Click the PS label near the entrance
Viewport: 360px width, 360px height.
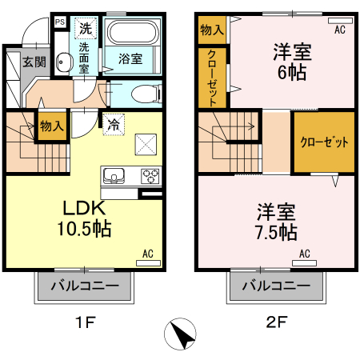pyautogui.click(x=59, y=22)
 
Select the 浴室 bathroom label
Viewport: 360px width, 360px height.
pyautogui.click(x=130, y=58)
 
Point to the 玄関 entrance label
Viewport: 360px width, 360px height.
pyautogui.click(x=34, y=62)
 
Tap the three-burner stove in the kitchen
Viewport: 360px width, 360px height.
pyautogui.click(x=150, y=176)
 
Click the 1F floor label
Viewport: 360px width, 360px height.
pyautogui.click(x=86, y=323)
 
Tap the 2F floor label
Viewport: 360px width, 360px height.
pyautogui.click(x=276, y=323)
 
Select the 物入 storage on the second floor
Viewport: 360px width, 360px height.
pyautogui.click(x=212, y=30)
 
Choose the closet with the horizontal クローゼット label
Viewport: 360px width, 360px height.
pyautogui.click(x=324, y=142)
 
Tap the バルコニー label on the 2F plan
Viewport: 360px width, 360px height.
pyautogui.click(x=276, y=286)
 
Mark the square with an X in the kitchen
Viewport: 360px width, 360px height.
pyautogui.click(x=146, y=144)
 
